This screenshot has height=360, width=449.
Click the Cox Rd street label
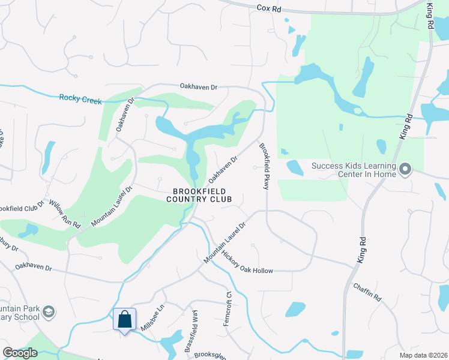pyautogui.click(x=268, y=8)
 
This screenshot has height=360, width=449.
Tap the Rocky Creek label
pyautogui.click(x=81, y=98)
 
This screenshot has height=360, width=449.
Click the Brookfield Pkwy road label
pyautogui.click(x=263, y=166)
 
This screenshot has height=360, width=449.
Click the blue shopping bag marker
pyautogui.click(x=124, y=319)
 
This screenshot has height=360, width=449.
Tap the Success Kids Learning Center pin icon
pyautogui.click(x=405, y=170)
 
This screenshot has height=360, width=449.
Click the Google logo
pyautogui.click(x=19, y=353)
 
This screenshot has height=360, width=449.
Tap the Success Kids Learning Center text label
pyautogui.click(x=354, y=170)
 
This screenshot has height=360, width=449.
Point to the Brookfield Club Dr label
pyautogui.click(x=22, y=206)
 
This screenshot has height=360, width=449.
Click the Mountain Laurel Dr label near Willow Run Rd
pyautogui.click(x=112, y=205)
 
